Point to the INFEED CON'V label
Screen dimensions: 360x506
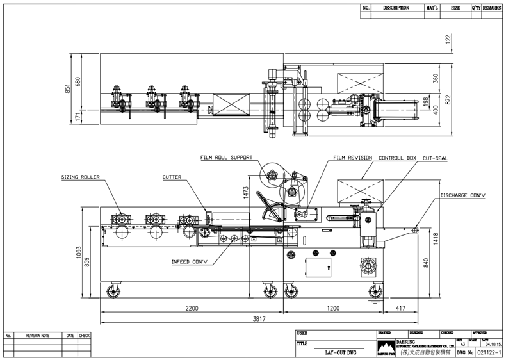(x=190, y=261)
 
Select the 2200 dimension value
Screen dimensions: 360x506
(x=192, y=308)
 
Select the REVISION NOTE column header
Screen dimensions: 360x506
(x=38, y=336)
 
